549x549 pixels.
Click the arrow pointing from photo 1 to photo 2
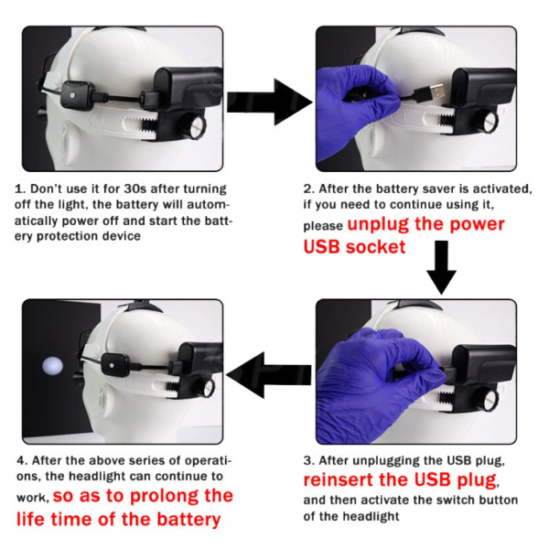pos(270,102)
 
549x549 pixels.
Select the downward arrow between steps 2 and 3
pos(441,267)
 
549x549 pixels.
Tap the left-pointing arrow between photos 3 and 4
pos(269,375)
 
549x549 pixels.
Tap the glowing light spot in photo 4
pos(52,366)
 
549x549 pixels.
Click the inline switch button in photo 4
pos(114,364)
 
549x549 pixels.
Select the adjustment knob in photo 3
pos(488,400)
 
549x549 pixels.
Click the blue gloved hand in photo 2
pos(353,112)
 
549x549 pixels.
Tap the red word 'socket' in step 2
pos(376,247)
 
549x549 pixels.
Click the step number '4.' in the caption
pos(22,460)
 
